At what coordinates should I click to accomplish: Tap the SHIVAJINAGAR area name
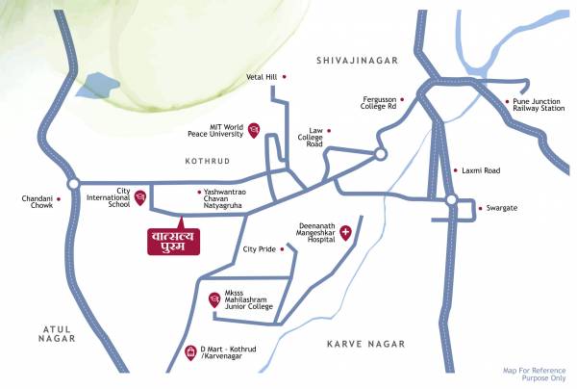point(357,60)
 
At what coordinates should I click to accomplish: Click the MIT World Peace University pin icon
point(254,130)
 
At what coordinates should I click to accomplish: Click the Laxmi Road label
point(481,170)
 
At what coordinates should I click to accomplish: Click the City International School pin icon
point(140,198)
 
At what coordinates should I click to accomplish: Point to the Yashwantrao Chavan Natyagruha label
point(227,198)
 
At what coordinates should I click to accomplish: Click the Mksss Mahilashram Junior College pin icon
point(213,299)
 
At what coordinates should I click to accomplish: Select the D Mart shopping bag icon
point(190,351)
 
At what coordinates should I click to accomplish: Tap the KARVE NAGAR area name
point(365,344)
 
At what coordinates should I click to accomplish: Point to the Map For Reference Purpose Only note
point(534,374)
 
